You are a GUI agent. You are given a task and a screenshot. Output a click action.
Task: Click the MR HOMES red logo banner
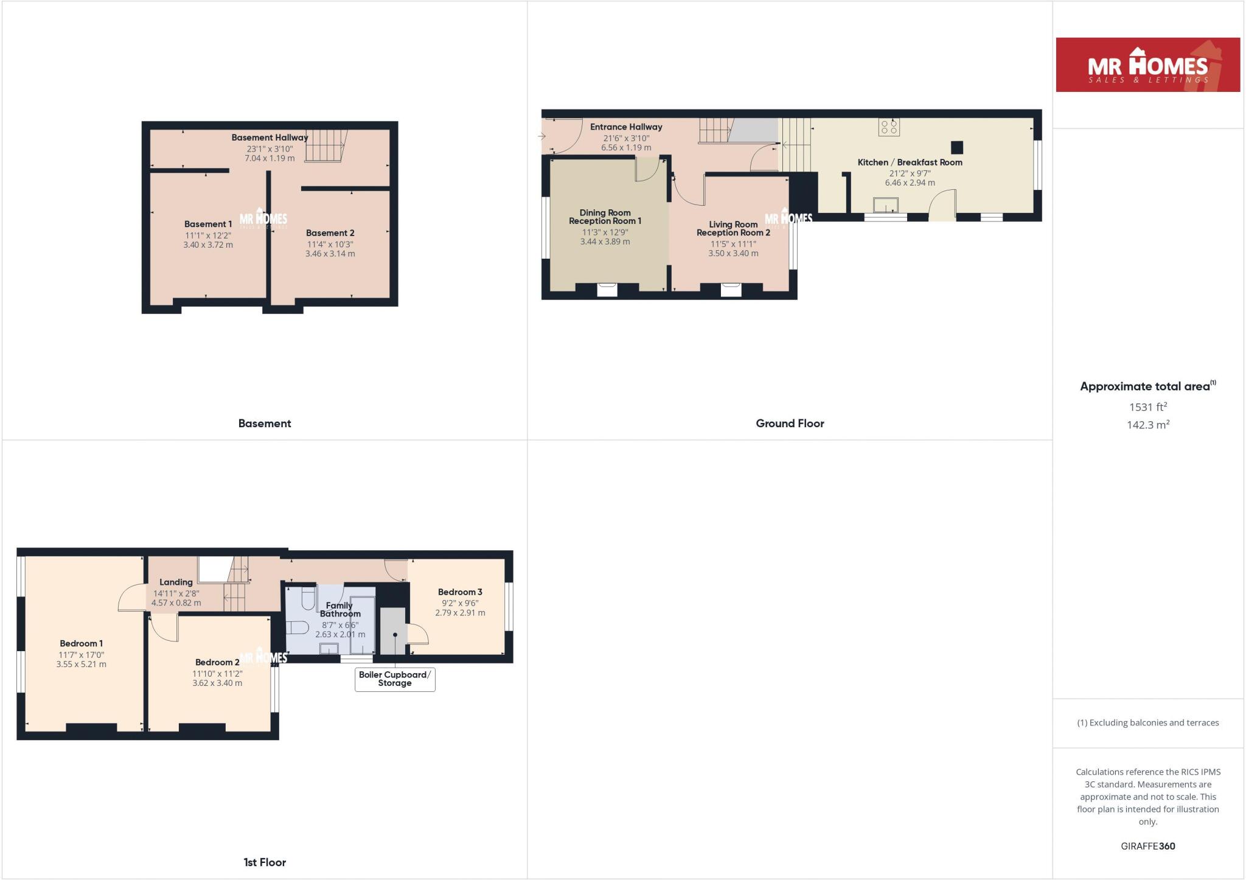point(1147,65)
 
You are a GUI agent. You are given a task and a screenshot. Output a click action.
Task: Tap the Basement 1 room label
point(208,224)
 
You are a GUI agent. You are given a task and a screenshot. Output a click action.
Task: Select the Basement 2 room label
point(330,233)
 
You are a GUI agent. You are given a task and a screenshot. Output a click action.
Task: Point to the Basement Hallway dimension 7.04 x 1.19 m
point(270,158)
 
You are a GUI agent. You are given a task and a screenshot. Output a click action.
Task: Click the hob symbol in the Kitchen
point(889,127)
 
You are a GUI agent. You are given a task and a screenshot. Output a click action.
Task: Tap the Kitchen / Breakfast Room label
point(910,162)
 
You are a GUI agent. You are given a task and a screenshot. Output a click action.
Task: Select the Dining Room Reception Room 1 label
point(605,217)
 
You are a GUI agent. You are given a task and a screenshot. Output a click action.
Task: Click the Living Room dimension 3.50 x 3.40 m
point(733,253)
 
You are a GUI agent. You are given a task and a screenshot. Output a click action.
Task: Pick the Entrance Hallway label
point(626,127)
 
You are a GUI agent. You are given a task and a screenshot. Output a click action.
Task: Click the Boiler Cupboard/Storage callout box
point(395,679)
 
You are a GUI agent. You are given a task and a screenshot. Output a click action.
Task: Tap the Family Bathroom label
point(340,609)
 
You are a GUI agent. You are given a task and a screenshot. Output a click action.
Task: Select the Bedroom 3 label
point(460,592)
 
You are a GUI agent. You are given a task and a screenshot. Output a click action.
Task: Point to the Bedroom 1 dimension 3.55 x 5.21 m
point(81,665)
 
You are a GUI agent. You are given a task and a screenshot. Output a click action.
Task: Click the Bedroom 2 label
point(217,662)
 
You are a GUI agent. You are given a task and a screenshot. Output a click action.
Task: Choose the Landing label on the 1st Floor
point(176,582)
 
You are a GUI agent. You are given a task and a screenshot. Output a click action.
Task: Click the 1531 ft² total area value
point(1147,407)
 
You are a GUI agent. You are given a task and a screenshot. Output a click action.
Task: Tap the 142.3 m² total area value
point(1147,425)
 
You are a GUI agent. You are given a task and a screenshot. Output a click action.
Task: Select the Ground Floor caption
point(790,424)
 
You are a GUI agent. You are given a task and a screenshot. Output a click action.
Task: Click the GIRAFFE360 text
point(1147,846)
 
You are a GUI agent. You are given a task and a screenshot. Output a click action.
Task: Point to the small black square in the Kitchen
point(957,147)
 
